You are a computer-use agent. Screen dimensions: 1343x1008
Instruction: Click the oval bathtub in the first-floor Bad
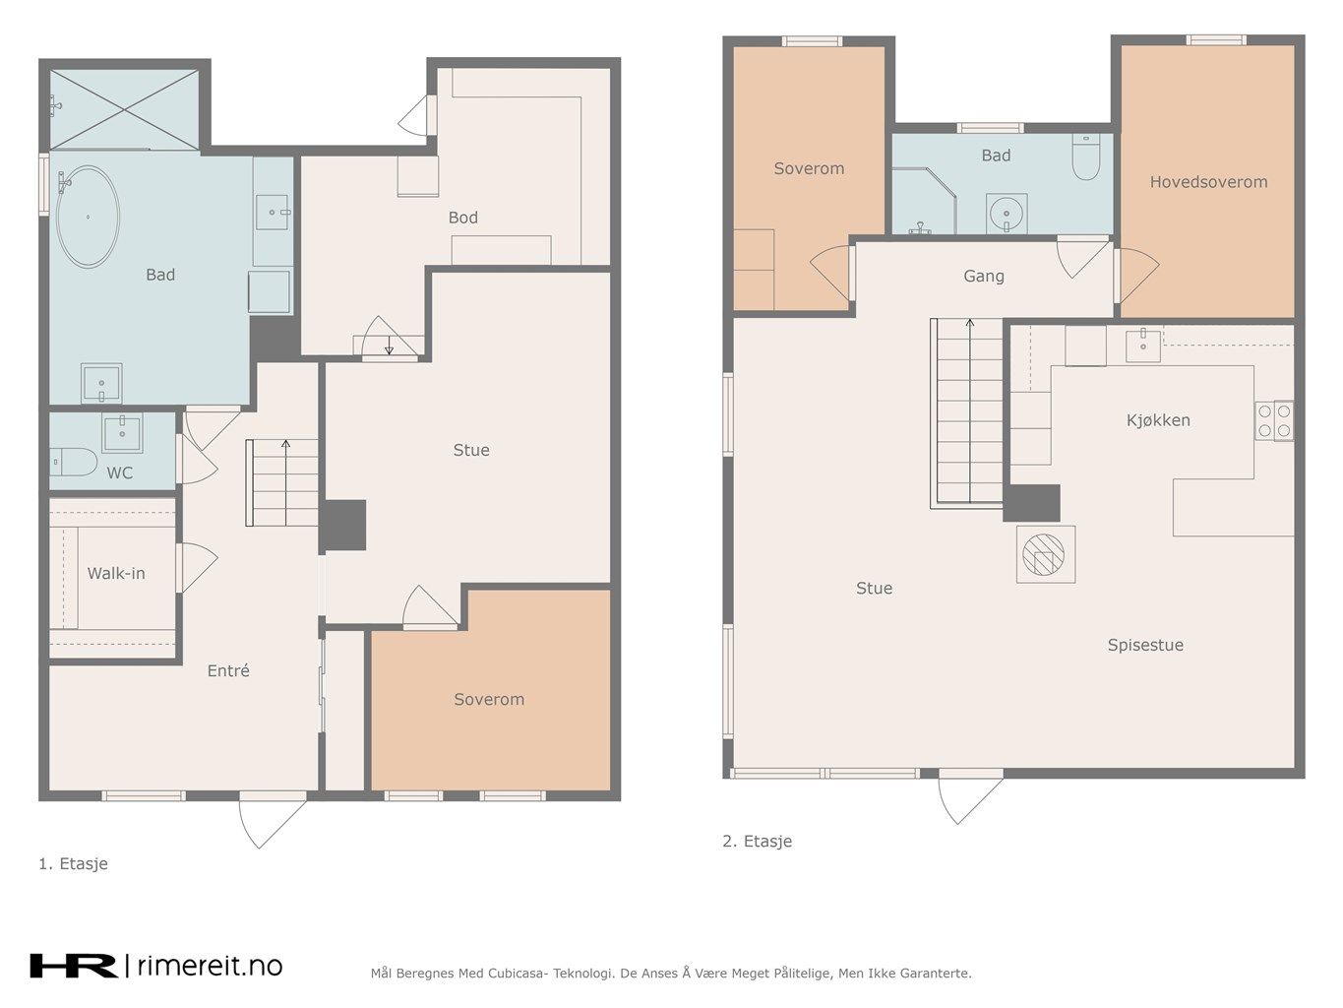(88, 216)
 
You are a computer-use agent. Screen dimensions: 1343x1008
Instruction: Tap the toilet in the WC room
(74, 462)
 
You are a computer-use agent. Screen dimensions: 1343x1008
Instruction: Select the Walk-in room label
(116, 574)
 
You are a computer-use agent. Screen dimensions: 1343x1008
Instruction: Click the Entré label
(228, 670)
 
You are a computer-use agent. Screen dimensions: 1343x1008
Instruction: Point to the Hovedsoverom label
(1208, 182)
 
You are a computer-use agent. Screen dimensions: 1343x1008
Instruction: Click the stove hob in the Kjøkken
(1274, 420)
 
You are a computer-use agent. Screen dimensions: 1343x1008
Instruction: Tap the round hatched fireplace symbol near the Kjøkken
(1043, 554)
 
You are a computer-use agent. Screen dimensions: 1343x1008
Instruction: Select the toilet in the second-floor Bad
(1086, 157)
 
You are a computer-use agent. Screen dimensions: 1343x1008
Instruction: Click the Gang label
(984, 276)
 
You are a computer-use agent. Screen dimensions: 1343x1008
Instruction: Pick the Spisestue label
(1145, 645)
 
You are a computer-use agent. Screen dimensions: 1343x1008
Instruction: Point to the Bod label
(463, 218)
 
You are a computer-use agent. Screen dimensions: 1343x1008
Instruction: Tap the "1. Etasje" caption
(74, 863)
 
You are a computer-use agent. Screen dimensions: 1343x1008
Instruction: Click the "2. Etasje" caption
(758, 841)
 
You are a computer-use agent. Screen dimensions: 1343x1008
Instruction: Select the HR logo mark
(74, 966)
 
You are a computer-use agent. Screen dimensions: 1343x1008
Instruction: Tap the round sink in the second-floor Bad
(1007, 215)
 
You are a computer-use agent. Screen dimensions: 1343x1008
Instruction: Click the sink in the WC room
(122, 432)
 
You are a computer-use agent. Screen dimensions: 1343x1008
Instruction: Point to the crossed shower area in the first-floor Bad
(124, 109)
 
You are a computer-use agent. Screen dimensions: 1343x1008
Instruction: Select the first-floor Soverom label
(489, 699)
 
